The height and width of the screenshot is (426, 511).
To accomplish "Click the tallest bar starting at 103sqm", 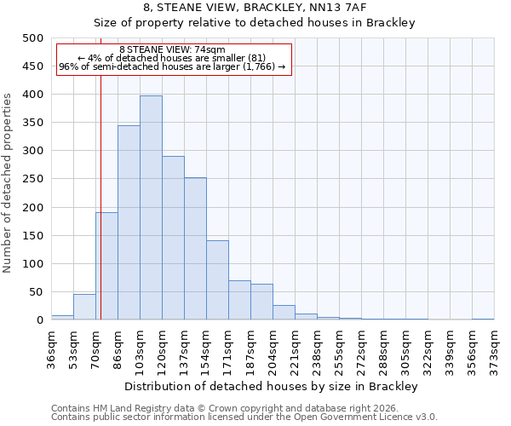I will point(151,208).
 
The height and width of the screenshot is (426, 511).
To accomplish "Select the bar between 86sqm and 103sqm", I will point(129,222).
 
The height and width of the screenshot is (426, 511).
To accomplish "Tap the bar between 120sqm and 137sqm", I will point(173,238).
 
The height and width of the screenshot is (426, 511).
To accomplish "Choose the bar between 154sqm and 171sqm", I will point(217,280).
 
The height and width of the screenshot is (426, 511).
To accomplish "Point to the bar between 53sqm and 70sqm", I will point(84,308).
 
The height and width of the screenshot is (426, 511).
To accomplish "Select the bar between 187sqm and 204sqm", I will point(261,302).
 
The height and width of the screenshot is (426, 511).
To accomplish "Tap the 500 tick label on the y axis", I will point(33,38).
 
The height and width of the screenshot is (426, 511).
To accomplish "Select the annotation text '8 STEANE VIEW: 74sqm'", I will point(173,49).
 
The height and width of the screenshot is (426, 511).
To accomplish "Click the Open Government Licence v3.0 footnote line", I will point(244,417).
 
